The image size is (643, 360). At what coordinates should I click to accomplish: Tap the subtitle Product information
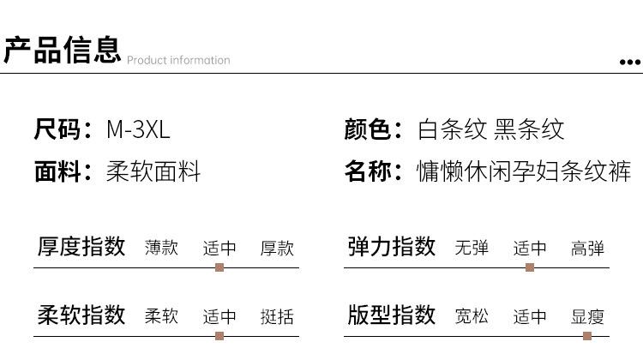point(178,60)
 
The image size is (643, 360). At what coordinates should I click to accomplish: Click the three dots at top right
point(630,62)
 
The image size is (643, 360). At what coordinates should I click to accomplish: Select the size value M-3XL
point(138,129)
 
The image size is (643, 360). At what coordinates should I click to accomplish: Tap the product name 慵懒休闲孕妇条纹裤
point(524,171)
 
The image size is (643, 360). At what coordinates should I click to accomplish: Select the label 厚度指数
point(82,247)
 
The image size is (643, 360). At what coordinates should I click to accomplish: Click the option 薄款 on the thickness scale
point(161,248)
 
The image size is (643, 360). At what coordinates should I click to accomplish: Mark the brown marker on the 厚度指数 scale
point(219,267)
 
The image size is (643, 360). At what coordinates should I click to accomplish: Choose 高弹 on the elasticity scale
point(588,249)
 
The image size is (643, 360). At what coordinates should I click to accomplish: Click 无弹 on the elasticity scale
point(472,249)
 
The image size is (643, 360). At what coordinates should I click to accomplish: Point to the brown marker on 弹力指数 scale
point(530,267)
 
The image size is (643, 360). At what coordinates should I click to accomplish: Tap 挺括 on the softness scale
point(277,316)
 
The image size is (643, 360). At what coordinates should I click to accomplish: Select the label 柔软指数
point(82,315)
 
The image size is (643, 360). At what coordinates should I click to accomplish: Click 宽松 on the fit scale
point(472,316)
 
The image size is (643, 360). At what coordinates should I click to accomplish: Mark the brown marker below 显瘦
point(587,336)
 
